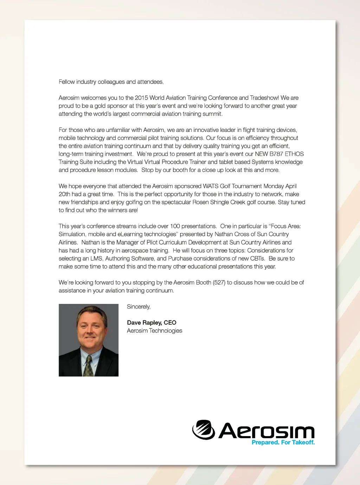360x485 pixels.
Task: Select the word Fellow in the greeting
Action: (x=67, y=82)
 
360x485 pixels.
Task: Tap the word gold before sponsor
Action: (x=101, y=106)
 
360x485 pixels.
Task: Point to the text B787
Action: (x=276, y=154)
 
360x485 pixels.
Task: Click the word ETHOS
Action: (x=294, y=154)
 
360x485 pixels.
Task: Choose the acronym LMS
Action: (x=96, y=259)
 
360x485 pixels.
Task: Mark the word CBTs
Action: (x=257, y=259)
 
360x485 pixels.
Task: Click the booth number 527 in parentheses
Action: (x=219, y=282)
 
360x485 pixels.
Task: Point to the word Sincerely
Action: (x=139, y=307)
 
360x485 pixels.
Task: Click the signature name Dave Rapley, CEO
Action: (x=152, y=323)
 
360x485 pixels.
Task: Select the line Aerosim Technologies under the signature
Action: (x=154, y=331)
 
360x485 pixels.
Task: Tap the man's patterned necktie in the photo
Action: (x=88, y=366)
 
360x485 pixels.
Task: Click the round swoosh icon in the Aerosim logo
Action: (x=204, y=430)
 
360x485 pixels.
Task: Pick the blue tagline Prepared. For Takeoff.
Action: (x=283, y=442)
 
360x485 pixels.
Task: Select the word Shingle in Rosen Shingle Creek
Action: (x=220, y=202)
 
